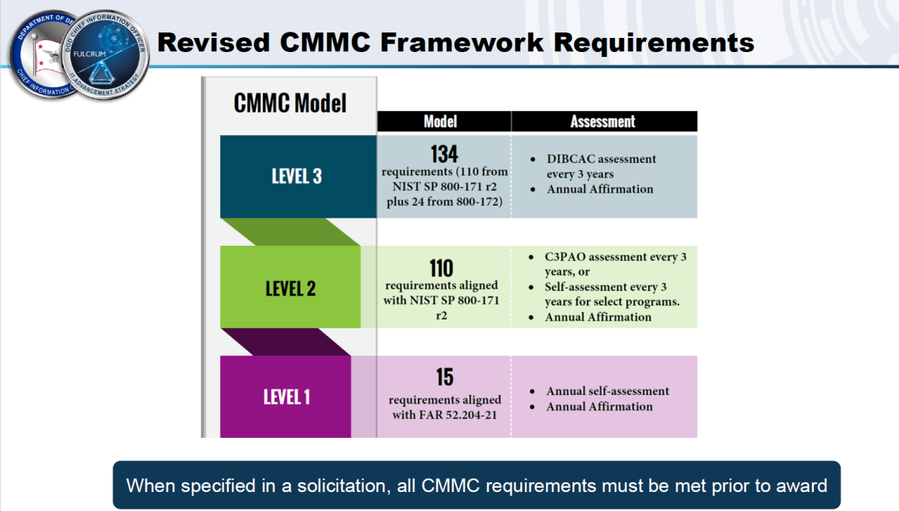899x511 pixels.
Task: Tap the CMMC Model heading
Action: point(289,103)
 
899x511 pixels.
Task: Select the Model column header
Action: point(440,122)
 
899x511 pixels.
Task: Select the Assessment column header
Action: point(603,122)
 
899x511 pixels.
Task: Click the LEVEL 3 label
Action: point(296,176)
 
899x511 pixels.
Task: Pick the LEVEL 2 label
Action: point(290,288)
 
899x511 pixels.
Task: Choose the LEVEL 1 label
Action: point(287,397)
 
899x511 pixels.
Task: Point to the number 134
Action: point(444,154)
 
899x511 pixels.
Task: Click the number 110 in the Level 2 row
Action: point(442,269)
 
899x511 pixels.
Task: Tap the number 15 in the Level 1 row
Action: point(445,377)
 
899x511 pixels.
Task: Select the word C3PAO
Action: point(567,257)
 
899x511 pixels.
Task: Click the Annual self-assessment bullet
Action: point(608,391)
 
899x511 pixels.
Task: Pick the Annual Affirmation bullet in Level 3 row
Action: point(600,189)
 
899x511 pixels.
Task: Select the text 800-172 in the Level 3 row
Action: point(479,202)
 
